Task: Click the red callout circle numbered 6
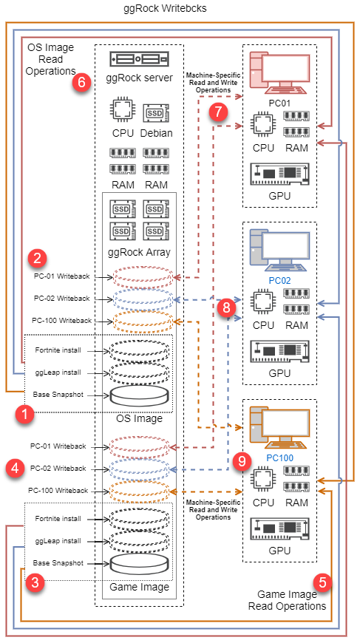coord(81,83)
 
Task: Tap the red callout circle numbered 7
coord(218,112)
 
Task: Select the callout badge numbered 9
coord(242,462)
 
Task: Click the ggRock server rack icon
coord(140,59)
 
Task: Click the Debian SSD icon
coord(156,114)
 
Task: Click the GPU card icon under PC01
coord(280,175)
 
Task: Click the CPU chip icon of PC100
coord(263,480)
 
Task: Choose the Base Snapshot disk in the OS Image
coord(140,395)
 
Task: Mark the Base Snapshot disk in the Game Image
coord(140,563)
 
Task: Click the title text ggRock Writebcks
coord(166,9)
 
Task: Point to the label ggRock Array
coord(139,252)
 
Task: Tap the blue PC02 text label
coord(280,281)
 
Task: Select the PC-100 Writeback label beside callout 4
coord(58,490)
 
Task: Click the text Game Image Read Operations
coord(287,600)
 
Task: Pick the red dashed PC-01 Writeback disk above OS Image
coord(142,277)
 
